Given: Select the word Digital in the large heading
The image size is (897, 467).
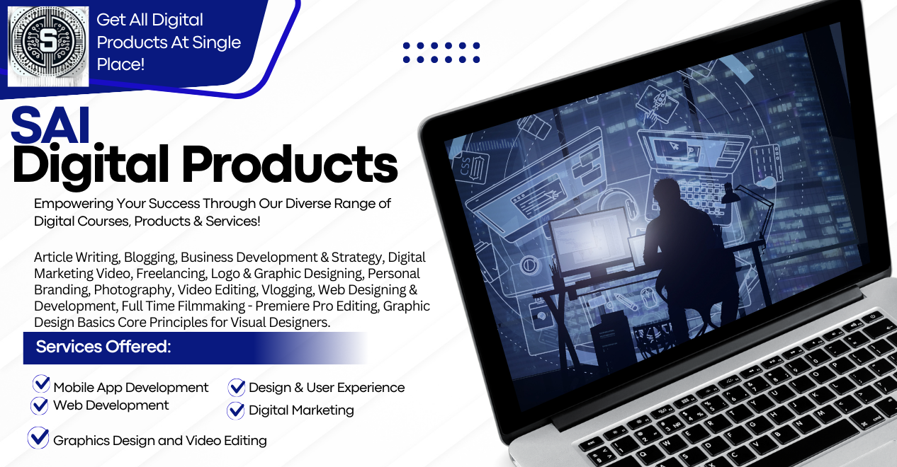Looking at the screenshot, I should [90, 165].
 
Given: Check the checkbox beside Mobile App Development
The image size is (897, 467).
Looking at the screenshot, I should [41, 384].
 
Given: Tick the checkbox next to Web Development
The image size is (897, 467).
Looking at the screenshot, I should [40, 405].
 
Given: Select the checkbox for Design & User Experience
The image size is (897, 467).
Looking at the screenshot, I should [237, 387].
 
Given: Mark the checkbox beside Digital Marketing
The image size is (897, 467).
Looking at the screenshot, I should [236, 410].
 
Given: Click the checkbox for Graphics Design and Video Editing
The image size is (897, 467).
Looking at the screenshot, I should [38, 438].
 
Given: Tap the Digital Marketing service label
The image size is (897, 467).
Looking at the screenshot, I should [301, 410].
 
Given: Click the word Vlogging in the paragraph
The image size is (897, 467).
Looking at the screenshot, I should [287, 290].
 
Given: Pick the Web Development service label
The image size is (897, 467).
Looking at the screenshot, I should [111, 405].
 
